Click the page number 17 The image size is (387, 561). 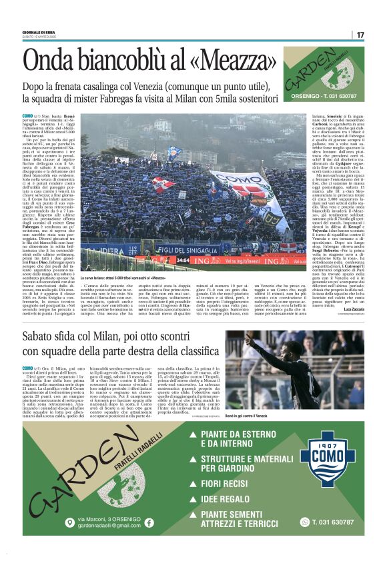(360, 35)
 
